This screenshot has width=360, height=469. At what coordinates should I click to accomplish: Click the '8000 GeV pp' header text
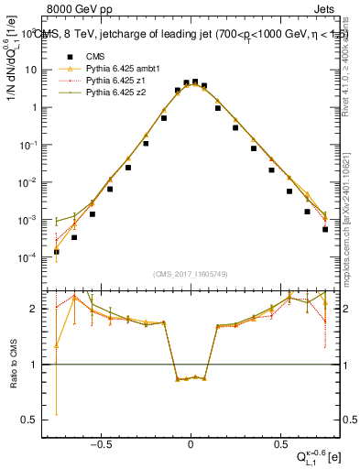click(x=71, y=7)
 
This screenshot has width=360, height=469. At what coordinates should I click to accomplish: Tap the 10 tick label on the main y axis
click(x=32, y=70)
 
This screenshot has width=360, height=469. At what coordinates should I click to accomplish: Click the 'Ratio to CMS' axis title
click(x=12, y=363)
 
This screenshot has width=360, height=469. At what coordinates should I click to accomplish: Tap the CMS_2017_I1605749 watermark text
click(x=191, y=274)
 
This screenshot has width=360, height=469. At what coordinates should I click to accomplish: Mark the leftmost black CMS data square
click(x=57, y=252)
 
